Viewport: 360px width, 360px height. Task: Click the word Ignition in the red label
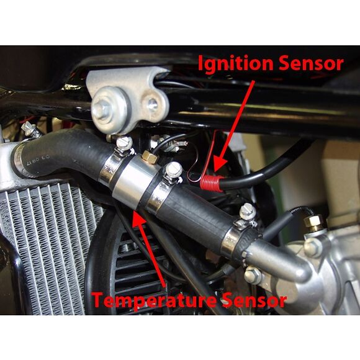coord(235,63)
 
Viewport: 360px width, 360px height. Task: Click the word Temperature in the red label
coord(154,299)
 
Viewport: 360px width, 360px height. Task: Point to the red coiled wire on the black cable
coord(212,182)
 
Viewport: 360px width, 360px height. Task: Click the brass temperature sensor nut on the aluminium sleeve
coord(150,156)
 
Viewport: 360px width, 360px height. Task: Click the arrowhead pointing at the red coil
coord(218,164)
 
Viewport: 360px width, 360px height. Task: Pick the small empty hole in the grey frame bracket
coord(152,104)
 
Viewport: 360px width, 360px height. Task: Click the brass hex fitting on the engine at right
coord(313,222)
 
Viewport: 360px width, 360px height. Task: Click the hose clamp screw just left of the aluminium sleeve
coord(124,143)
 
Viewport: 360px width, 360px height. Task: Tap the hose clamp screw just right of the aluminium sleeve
coord(174,170)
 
